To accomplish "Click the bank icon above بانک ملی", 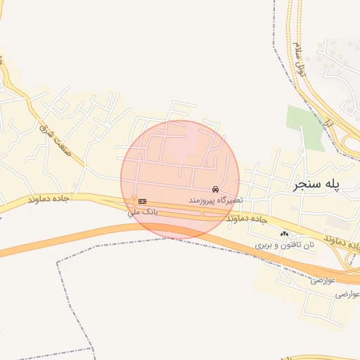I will tap(143, 201).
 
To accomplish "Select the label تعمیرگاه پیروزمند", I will tap(215, 200).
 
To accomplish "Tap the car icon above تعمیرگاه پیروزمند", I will tap(215, 190).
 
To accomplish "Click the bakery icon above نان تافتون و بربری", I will tap(284, 234).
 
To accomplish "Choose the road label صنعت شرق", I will tap(46, 129).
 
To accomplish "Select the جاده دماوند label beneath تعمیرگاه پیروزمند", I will tap(247, 218).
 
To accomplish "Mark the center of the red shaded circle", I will tap(180, 180).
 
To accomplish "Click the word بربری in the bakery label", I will tap(262, 246).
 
